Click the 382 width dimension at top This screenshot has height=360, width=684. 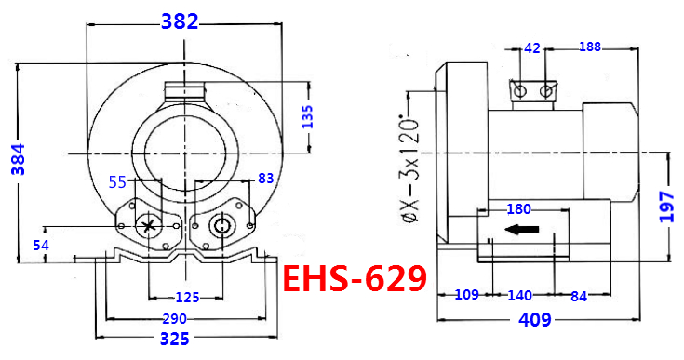[180, 21]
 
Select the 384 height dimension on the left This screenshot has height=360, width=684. [19, 159]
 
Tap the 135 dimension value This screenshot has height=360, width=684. [307, 116]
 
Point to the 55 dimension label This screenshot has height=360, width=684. [117, 181]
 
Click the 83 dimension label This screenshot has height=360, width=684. [265, 179]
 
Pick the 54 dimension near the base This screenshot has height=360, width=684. [41, 246]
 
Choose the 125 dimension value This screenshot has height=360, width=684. [187, 298]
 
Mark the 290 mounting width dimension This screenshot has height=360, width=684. [175, 319]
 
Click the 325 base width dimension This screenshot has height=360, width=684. [175, 339]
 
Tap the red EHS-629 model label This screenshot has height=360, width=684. [355, 279]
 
